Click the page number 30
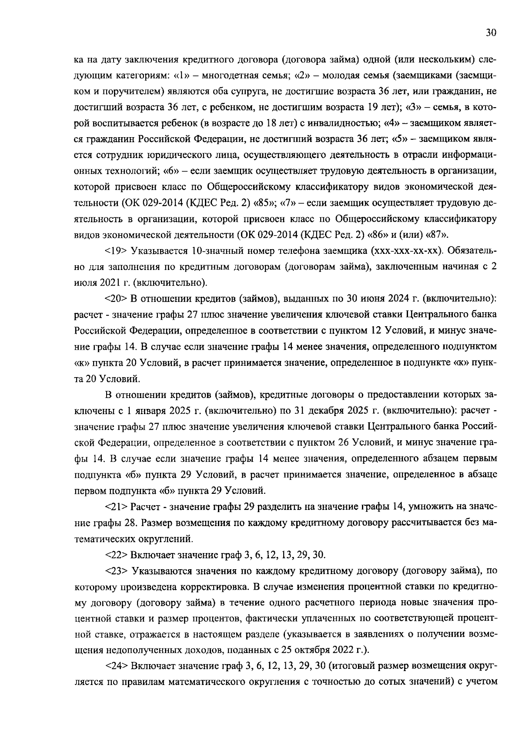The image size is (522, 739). pyautogui.click(x=491, y=33)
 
